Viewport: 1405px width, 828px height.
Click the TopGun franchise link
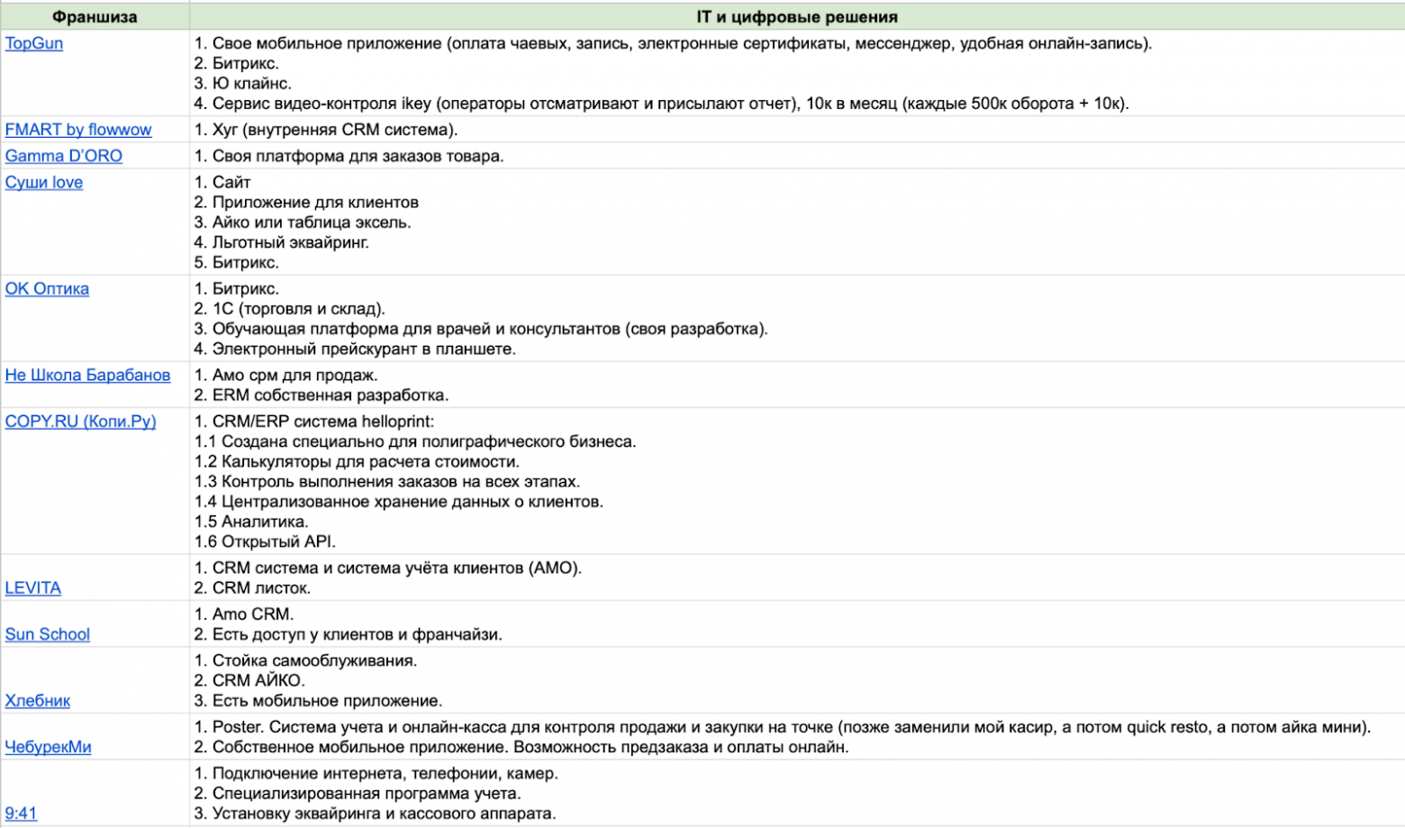click(34, 43)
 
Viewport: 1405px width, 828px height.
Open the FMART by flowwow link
click(78, 130)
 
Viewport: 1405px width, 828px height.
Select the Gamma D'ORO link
click(64, 156)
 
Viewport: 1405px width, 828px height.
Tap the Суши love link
click(44, 182)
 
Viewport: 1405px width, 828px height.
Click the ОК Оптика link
click(47, 288)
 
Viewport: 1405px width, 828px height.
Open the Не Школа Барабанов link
click(87, 375)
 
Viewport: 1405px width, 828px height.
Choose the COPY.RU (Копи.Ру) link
click(80, 421)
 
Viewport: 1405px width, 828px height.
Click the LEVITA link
click(33, 587)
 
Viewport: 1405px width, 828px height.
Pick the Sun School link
click(48, 633)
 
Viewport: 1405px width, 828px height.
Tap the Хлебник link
click(38, 700)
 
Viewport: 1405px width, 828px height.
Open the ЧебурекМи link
click(49, 746)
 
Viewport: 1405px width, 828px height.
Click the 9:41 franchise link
click(22, 813)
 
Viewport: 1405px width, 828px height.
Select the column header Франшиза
click(95, 17)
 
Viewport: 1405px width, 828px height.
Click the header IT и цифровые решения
click(796, 17)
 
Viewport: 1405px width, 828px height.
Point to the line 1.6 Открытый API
click(265, 541)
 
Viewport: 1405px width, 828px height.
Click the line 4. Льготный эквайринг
click(281, 242)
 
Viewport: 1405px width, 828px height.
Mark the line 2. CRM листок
click(252, 587)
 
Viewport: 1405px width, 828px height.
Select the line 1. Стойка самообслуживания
click(305, 660)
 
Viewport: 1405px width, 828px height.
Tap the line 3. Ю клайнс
click(242, 84)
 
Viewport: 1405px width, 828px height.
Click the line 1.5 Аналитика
click(251, 522)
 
